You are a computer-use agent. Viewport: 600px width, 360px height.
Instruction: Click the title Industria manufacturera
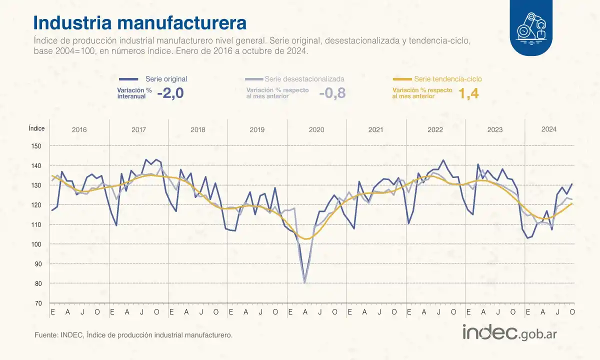click(139, 23)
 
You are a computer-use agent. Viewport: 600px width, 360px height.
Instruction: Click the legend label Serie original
click(166, 79)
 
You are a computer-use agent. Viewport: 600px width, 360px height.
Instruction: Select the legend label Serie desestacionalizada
click(304, 79)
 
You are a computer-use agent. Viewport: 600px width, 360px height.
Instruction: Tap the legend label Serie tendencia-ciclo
click(448, 79)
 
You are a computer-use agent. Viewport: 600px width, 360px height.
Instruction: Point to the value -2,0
click(170, 93)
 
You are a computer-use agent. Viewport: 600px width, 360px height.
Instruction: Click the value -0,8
click(332, 93)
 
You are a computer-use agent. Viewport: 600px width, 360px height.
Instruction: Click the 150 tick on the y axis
click(38, 146)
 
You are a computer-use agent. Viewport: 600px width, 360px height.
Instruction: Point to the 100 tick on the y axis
click(38, 244)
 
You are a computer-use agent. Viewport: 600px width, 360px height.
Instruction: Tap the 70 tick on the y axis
click(38, 303)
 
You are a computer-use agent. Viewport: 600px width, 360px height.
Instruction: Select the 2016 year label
click(79, 130)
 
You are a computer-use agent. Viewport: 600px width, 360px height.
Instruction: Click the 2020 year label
click(316, 130)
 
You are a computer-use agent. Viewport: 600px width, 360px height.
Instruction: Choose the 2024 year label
click(548, 129)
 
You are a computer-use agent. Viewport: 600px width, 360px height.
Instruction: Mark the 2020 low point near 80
click(304, 282)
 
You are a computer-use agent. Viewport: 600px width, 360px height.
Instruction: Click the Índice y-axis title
click(36, 128)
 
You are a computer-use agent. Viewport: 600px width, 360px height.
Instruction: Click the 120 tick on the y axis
click(38, 205)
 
